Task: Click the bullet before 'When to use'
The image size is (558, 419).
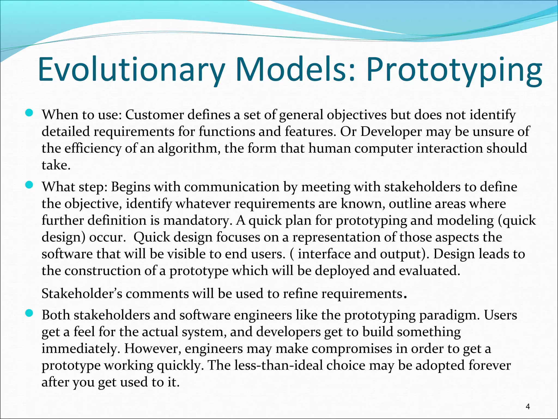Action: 29,113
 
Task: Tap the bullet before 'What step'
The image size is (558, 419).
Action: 29,185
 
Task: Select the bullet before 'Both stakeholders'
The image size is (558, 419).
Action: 29,313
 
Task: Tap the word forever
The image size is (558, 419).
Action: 489,366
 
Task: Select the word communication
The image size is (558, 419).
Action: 232,187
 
